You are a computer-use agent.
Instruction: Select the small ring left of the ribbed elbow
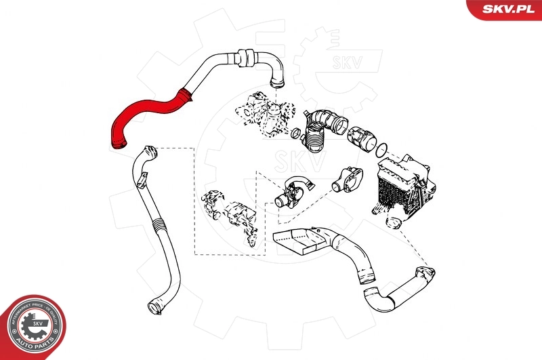coord(297,133)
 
